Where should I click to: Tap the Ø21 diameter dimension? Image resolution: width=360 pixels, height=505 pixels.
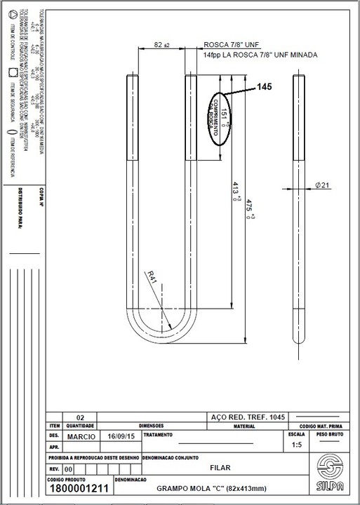(324, 184)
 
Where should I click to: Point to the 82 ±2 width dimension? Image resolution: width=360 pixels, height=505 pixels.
(161, 45)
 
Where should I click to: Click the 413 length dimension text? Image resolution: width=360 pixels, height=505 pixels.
(236, 191)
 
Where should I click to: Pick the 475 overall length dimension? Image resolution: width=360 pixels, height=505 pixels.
(248, 208)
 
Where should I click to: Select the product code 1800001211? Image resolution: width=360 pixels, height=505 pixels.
(78, 490)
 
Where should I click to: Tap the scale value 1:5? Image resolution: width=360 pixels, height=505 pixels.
(296, 445)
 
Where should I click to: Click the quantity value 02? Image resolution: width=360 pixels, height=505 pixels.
(80, 416)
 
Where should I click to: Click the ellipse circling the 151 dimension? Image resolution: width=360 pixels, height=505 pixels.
(220, 117)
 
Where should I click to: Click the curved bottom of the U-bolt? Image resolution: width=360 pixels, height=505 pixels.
(161, 344)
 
